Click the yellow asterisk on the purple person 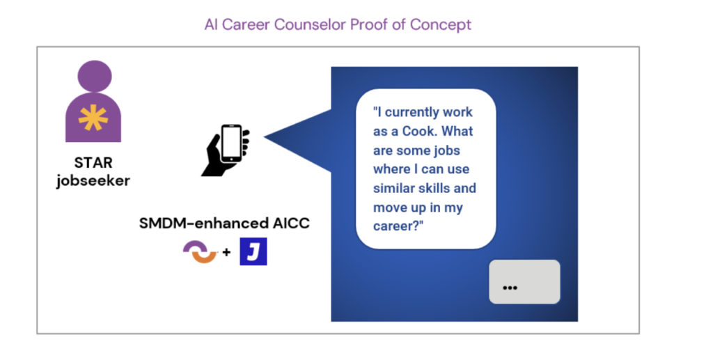[x=93, y=117]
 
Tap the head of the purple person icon [x=95, y=77]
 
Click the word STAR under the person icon [x=93, y=162]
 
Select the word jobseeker [x=93, y=181]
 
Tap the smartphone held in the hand [x=231, y=143]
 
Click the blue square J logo [x=253, y=251]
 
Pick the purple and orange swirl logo [x=201, y=252]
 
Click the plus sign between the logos [x=226, y=252]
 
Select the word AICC [x=291, y=224]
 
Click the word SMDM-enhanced [x=204, y=224]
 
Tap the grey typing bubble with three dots [x=524, y=282]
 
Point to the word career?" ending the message [x=398, y=226]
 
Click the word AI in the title [x=211, y=24]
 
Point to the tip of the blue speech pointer [x=264, y=136]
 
